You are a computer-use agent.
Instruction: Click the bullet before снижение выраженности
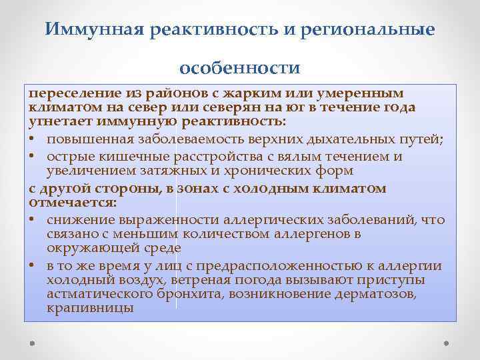tap(33, 219)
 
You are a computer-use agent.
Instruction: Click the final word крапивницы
tap(91, 309)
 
